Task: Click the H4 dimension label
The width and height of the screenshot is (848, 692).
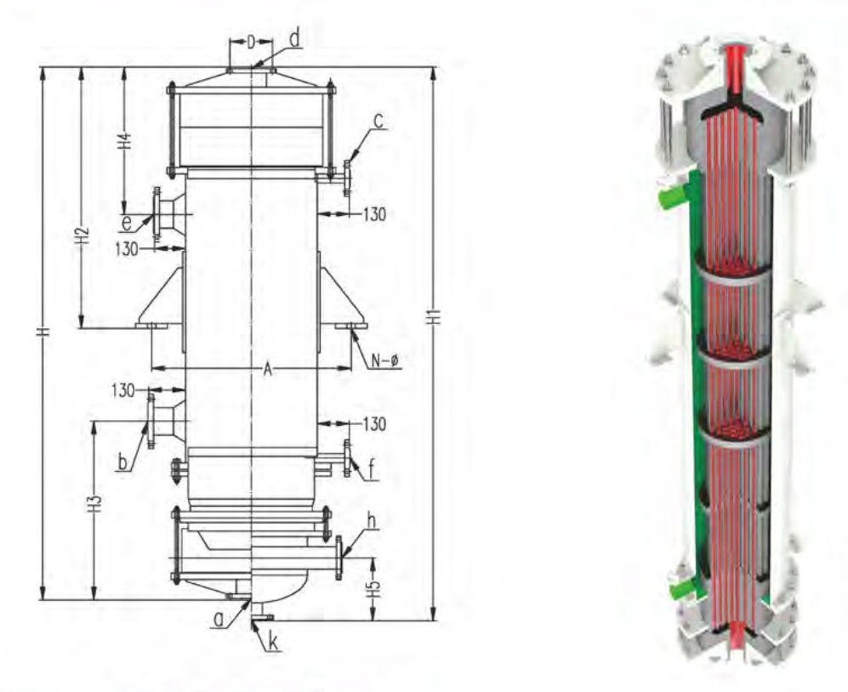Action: tap(125, 141)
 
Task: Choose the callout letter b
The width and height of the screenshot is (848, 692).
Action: tap(123, 464)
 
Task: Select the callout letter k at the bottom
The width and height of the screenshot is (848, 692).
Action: tap(273, 643)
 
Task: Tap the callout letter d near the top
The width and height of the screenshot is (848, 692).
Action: tap(293, 38)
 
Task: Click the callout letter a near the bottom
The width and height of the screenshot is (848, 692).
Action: tap(219, 621)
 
